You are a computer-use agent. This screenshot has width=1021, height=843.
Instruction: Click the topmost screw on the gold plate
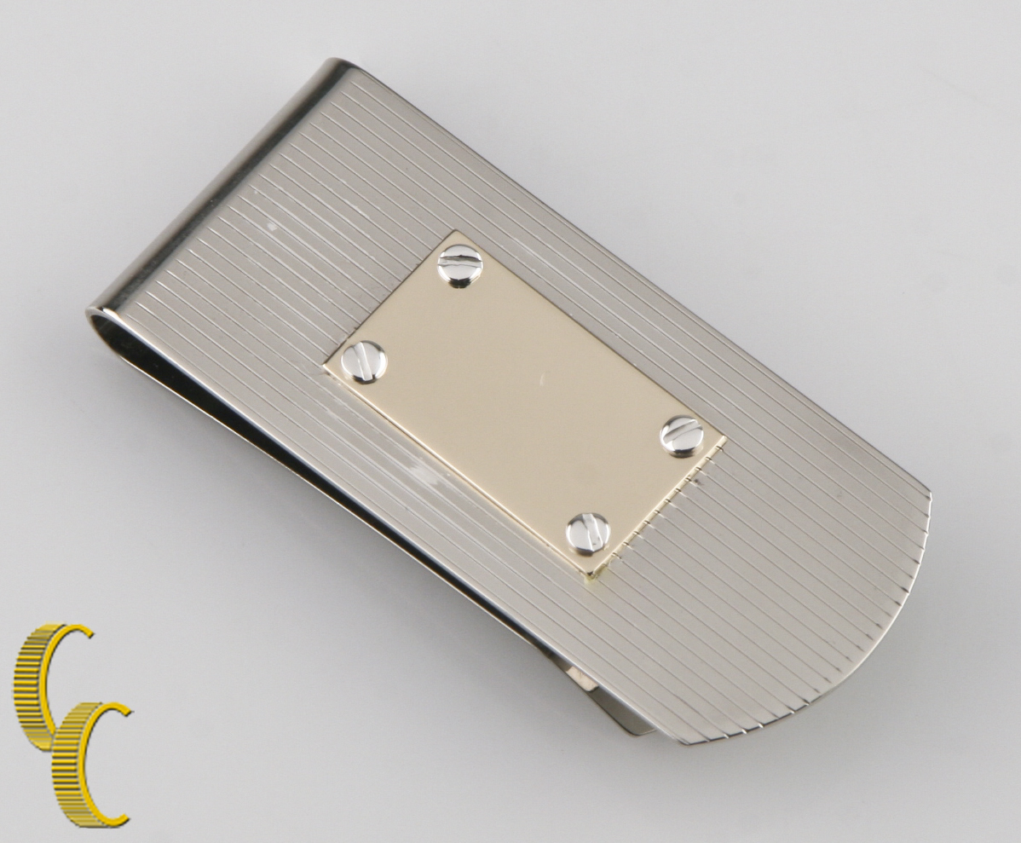(459, 266)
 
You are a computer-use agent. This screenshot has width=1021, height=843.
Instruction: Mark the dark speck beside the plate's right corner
(700, 482)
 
